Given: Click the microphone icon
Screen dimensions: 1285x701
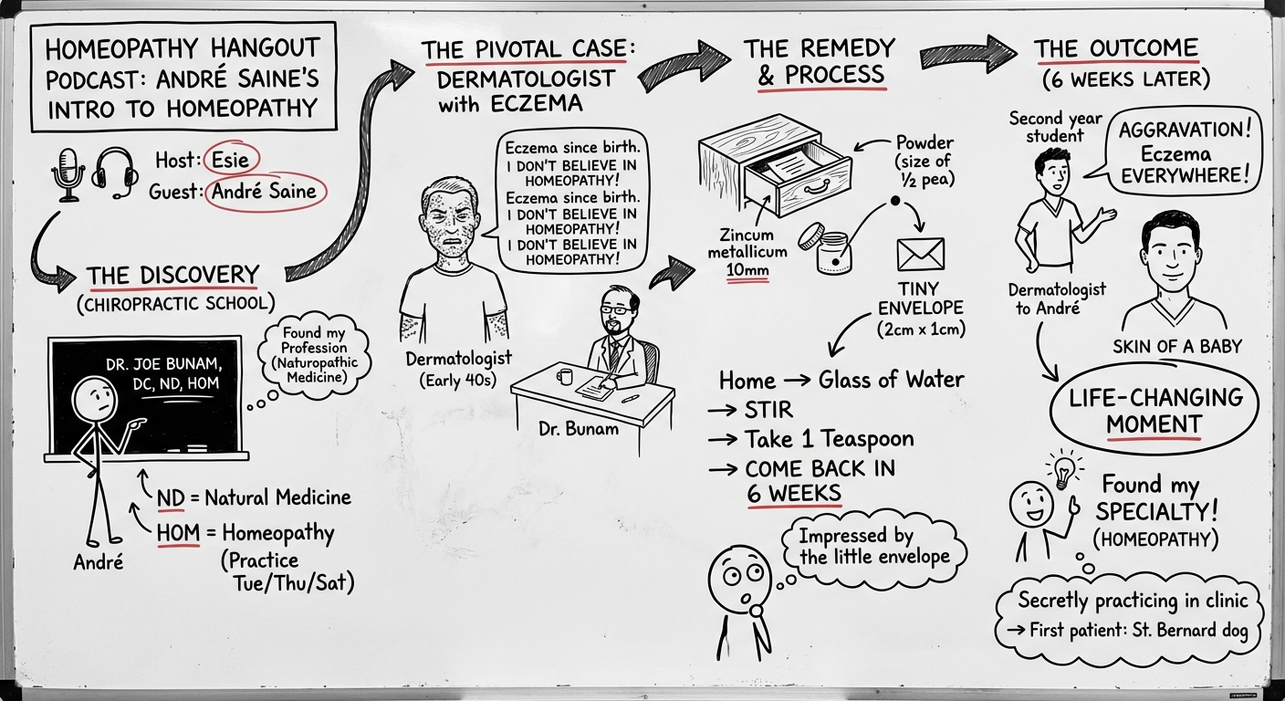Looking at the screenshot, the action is coord(68,174).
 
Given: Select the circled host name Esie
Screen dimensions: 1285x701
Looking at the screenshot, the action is coord(231,160).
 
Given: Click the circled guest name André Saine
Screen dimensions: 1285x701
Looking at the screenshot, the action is coord(265,191).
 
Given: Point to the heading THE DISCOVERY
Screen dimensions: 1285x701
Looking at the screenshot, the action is coord(172,276).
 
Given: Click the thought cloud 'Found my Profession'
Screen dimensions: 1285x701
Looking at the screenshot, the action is coord(314,355).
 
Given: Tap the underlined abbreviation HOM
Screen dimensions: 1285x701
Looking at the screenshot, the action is coord(178,533).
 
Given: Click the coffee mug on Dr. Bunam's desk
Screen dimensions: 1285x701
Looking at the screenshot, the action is coord(564,376).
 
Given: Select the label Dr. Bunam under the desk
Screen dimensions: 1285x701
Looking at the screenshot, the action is coord(579,428).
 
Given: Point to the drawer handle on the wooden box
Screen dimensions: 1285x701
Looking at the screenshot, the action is coord(815,188).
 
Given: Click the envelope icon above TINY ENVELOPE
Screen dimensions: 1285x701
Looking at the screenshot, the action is coord(921,254).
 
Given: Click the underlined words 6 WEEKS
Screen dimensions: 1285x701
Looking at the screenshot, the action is coord(794,494).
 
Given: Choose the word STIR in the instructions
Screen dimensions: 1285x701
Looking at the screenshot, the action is coord(768,410).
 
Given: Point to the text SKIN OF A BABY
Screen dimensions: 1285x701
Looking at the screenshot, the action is coord(1177,347).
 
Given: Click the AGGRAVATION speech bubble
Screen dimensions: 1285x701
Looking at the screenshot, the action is coord(1182,153).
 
